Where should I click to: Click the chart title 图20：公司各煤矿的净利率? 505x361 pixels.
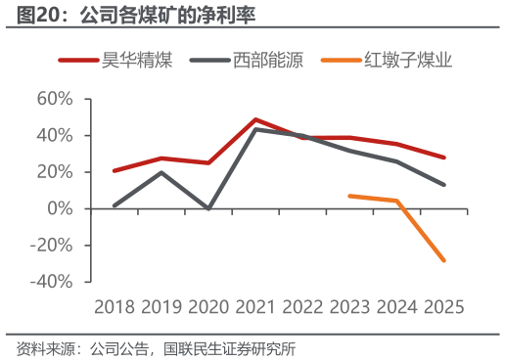[x=136, y=15]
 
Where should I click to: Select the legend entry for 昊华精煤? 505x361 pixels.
[x=115, y=60]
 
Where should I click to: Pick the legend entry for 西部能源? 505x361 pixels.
[x=247, y=60]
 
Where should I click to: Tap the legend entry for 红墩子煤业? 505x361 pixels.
[x=387, y=60]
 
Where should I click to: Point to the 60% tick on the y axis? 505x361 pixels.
[x=55, y=99]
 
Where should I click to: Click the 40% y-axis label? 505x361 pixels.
[x=55, y=135]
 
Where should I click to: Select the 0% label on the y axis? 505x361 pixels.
[x=60, y=208]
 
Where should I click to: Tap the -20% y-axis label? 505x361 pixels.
[x=51, y=246]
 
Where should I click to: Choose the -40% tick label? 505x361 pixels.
[x=51, y=282]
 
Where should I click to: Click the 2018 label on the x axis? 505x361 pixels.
[x=115, y=307]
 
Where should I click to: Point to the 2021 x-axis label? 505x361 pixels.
[x=255, y=307]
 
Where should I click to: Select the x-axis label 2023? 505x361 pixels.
[x=349, y=307]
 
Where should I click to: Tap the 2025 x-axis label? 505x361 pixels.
[x=443, y=307]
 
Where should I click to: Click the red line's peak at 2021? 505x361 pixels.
[x=255, y=119]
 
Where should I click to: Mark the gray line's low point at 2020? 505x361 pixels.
[x=208, y=208]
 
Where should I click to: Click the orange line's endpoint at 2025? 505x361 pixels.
[x=443, y=260]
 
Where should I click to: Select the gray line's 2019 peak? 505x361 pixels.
[x=161, y=172]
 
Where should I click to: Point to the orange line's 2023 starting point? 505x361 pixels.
[x=349, y=196]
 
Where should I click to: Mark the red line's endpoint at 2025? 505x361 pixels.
[x=443, y=158]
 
